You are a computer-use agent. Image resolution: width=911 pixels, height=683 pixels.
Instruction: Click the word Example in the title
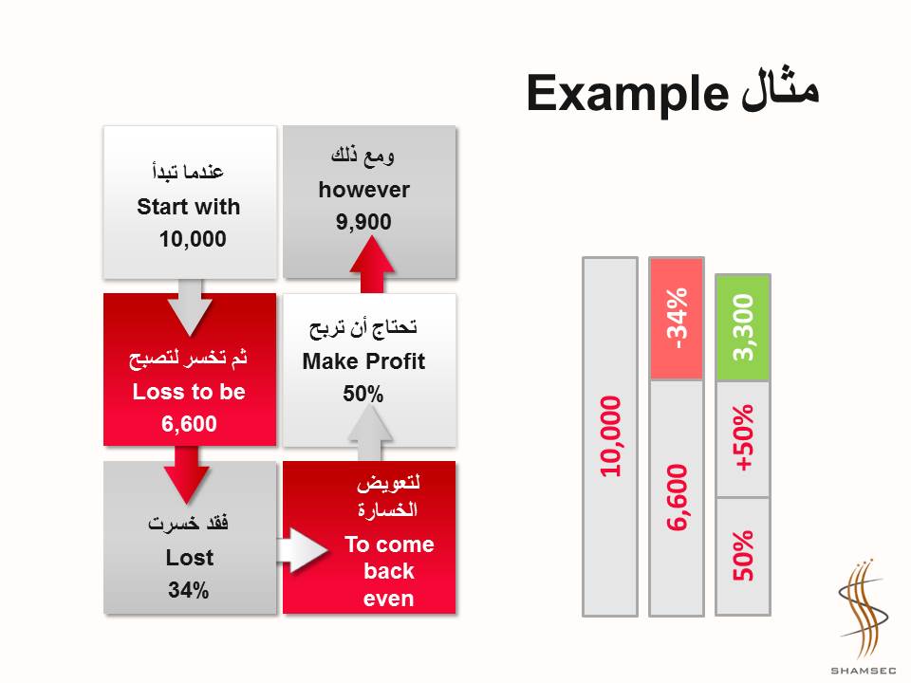pyautogui.click(x=627, y=94)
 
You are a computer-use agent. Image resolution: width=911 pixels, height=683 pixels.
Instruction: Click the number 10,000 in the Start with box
pyautogui.click(x=193, y=239)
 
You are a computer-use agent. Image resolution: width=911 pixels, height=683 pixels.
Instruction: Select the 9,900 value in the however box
pyautogui.click(x=363, y=221)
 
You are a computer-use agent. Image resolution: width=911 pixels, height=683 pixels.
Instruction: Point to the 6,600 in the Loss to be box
pyautogui.click(x=189, y=423)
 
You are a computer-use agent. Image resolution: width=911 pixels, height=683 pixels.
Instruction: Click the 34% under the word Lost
pyautogui.click(x=188, y=590)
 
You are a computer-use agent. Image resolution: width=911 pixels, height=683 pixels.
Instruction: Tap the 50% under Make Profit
pyautogui.click(x=363, y=394)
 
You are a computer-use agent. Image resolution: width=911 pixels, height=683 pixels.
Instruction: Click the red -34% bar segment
pyautogui.click(x=677, y=319)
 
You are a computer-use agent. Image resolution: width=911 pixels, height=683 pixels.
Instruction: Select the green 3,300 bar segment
pyautogui.click(x=743, y=327)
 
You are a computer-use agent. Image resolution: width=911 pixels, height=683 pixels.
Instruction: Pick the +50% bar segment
pyautogui.click(x=743, y=439)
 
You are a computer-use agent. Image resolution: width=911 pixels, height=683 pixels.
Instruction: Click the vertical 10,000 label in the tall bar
pyautogui.click(x=610, y=436)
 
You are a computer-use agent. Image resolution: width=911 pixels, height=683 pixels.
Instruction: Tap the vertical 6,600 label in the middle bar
pyautogui.click(x=677, y=498)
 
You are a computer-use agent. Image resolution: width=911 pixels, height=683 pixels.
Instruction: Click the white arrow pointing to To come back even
pyautogui.click(x=302, y=549)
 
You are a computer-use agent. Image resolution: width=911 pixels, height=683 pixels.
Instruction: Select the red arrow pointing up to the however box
pyautogui.click(x=372, y=265)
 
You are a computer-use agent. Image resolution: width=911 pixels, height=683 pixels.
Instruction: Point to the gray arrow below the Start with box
pyautogui.click(x=190, y=307)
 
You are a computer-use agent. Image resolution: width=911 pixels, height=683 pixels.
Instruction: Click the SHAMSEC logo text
pyautogui.click(x=864, y=671)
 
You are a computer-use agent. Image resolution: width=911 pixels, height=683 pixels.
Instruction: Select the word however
pyautogui.click(x=363, y=190)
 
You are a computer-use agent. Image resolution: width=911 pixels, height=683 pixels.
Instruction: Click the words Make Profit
pyautogui.click(x=363, y=361)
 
